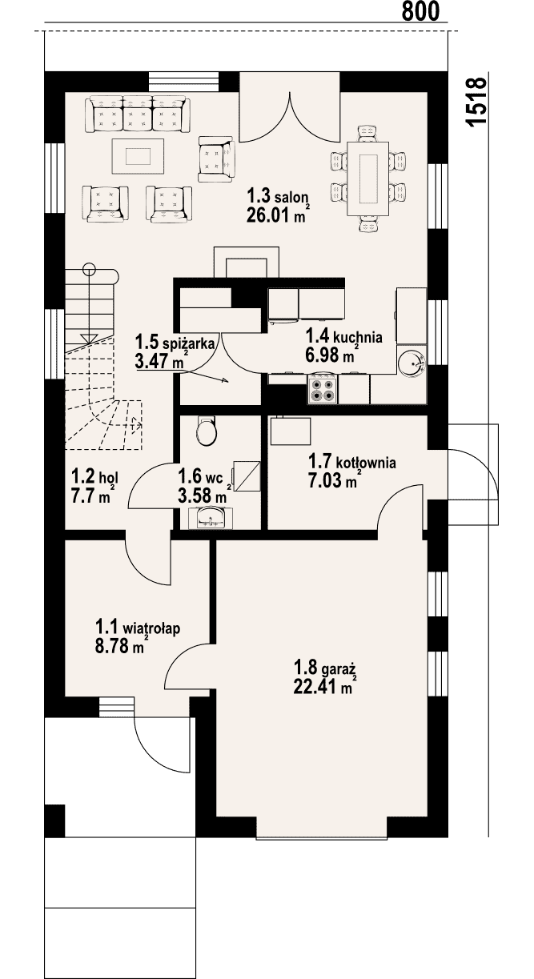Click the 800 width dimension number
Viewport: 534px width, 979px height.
[420, 11]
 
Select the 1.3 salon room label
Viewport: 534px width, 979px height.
[277, 196]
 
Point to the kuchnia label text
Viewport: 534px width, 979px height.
[358, 337]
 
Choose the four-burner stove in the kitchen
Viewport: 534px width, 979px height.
[323, 389]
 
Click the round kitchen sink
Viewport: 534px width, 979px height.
[412, 363]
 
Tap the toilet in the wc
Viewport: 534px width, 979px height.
[207, 430]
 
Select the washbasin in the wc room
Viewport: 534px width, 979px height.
[211, 519]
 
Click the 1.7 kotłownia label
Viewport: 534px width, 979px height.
[352, 461]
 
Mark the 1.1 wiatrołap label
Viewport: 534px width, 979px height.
[138, 628]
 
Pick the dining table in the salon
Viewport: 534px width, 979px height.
[367, 179]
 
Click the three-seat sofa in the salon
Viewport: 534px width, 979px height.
[138, 114]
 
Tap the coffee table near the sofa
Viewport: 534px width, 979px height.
[138, 156]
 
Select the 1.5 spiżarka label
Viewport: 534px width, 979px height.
[175, 341]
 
